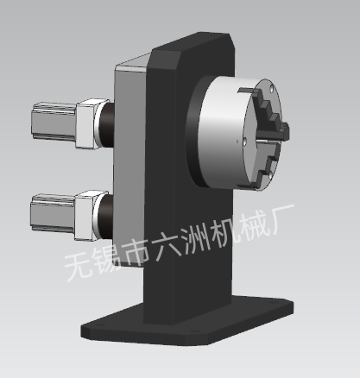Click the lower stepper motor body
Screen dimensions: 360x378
(x=53, y=212)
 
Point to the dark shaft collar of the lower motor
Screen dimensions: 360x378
(x=106, y=217)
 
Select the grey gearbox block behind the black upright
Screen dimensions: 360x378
(x=130, y=161)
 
